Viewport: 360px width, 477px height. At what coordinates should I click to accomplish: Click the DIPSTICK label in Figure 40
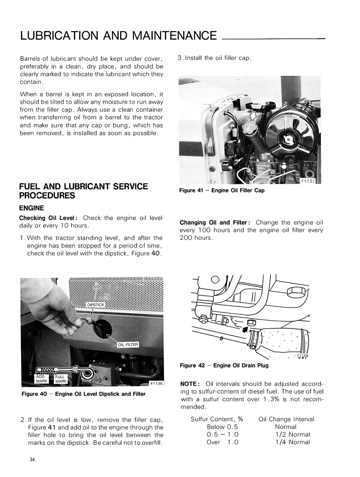click(95, 305)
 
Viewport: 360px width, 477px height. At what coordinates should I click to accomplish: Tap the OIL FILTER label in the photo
click(128, 345)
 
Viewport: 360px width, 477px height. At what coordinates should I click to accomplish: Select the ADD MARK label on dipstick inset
click(42, 379)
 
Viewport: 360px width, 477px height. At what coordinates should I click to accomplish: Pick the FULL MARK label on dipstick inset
click(61, 379)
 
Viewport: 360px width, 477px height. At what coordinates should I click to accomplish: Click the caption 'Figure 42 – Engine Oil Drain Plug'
click(224, 365)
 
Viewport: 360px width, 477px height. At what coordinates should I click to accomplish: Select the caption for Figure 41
click(222, 190)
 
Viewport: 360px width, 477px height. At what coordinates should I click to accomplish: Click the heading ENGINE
click(31, 208)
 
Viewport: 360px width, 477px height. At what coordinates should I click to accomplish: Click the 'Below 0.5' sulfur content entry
click(222, 427)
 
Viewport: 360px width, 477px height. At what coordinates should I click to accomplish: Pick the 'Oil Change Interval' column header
click(286, 419)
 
